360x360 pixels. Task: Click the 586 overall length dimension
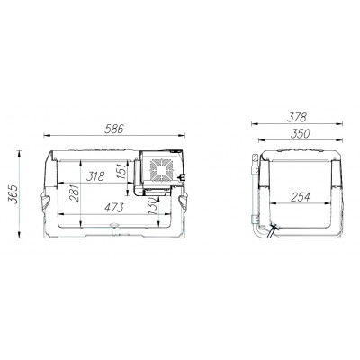114,129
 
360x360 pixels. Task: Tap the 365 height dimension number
13,194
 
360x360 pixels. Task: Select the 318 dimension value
95,176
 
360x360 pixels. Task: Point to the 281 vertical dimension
75,193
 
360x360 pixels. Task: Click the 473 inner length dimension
113,207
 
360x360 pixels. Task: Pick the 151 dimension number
122,171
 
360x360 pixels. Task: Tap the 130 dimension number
152,206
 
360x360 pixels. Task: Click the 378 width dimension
296,117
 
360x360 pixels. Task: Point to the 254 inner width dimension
300,197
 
